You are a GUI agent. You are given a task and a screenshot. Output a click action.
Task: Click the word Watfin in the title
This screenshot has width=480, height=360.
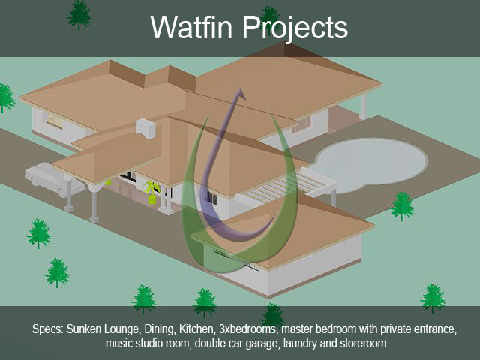[191, 27]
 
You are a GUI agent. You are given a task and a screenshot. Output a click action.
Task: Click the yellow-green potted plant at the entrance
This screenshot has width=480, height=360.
[151, 192]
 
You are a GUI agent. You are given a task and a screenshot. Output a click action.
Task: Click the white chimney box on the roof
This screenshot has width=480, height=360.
[146, 127]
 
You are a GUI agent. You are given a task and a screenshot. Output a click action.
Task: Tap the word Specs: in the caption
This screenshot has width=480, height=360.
[48, 329]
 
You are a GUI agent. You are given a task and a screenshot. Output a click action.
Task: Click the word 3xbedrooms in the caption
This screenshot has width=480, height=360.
[247, 329]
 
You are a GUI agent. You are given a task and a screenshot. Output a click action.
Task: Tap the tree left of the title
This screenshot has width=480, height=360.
[79, 15]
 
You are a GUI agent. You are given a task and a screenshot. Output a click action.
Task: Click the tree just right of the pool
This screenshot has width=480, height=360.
[402, 205]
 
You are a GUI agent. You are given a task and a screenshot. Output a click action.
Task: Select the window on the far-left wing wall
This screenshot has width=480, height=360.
[55, 120]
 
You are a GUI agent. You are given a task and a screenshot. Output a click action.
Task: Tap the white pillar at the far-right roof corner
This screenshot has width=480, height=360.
[364, 106]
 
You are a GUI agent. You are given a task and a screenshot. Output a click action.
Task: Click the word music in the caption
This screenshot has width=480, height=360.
[119, 343]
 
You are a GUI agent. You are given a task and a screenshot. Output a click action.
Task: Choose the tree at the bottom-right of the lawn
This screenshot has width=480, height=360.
[433, 297]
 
